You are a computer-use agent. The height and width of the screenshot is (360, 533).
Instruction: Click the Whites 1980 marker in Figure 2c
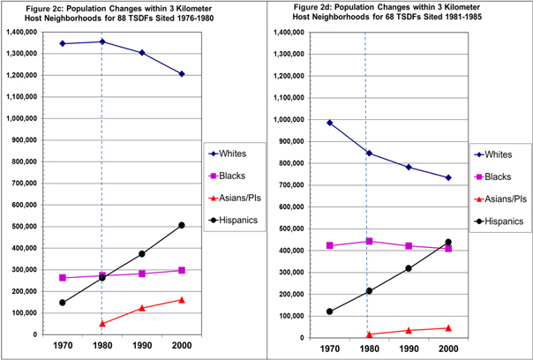(x=102, y=41)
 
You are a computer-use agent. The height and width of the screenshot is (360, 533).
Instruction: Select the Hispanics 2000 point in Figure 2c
(x=181, y=225)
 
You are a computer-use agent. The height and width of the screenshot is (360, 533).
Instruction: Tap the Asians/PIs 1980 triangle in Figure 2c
(x=102, y=324)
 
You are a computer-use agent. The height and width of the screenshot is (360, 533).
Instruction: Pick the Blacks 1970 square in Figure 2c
(x=62, y=278)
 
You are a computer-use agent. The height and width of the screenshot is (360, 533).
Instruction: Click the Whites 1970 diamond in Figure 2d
(x=329, y=123)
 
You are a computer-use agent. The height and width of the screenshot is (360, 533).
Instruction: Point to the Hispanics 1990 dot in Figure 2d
(x=409, y=268)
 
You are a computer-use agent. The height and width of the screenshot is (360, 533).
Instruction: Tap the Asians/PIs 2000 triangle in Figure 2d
(x=448, y=328)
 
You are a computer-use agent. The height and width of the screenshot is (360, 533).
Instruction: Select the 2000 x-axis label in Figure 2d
(x=448, y=349)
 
